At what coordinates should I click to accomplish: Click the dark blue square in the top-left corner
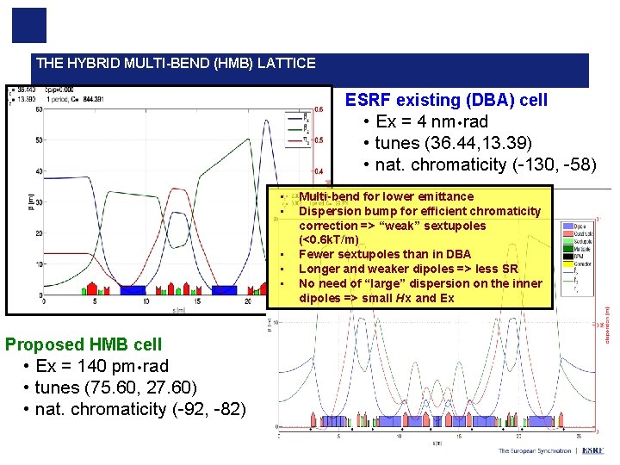29,25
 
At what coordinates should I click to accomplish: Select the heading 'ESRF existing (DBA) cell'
446,100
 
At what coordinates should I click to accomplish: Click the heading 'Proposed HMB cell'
83,344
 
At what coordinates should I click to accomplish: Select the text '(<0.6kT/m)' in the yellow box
328,239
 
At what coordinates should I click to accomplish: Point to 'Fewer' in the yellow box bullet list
316,254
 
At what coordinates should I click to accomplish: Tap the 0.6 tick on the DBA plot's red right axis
318,109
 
